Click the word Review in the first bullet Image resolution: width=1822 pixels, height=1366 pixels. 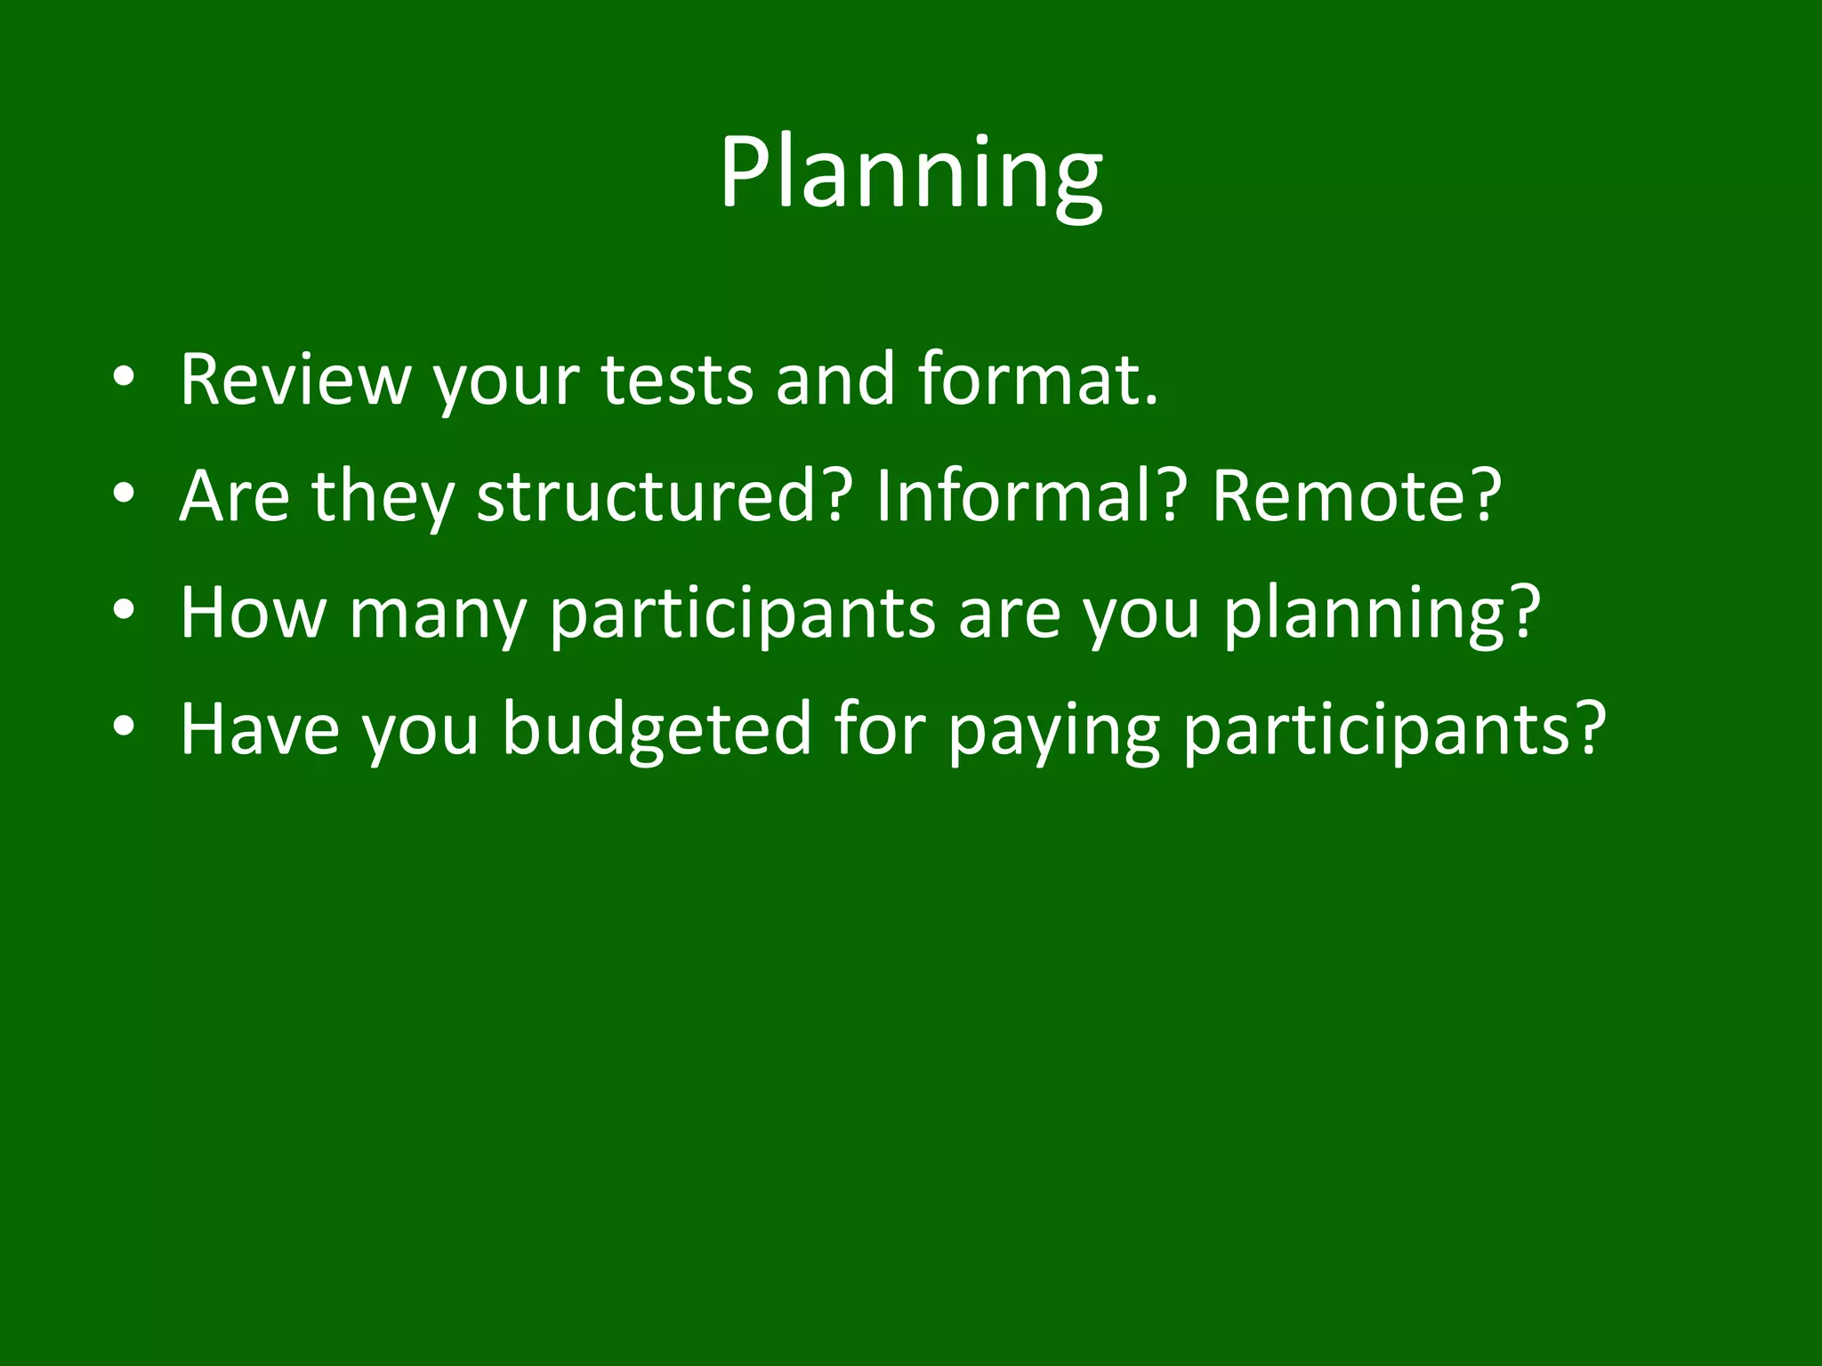(294, 380)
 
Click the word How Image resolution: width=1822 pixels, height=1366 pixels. (253, 613)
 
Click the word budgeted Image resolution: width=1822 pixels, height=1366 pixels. (657, 729)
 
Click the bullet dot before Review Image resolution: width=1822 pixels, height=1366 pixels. (124, 382)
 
